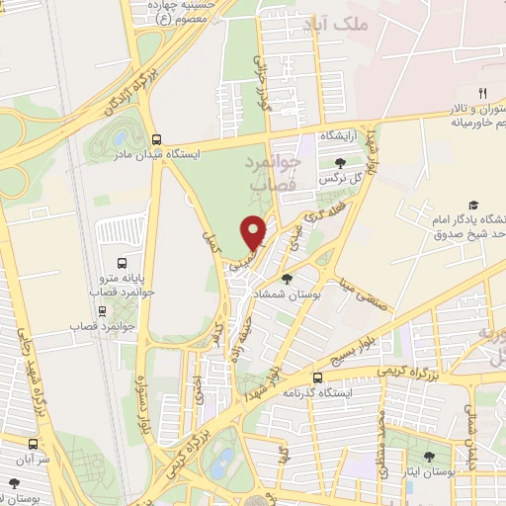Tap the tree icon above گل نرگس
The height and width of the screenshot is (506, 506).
click(x=341, y=162)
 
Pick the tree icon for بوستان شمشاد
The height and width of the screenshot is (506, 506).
click(x=288, y=251)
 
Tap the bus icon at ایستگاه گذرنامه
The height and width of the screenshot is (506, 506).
click(x=317, y=378)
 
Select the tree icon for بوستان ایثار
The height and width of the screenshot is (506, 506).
click(x=428, y=456)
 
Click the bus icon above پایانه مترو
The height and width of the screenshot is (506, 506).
click(x=122, y=263)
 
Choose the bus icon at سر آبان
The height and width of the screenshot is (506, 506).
click(x=34, y=444)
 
